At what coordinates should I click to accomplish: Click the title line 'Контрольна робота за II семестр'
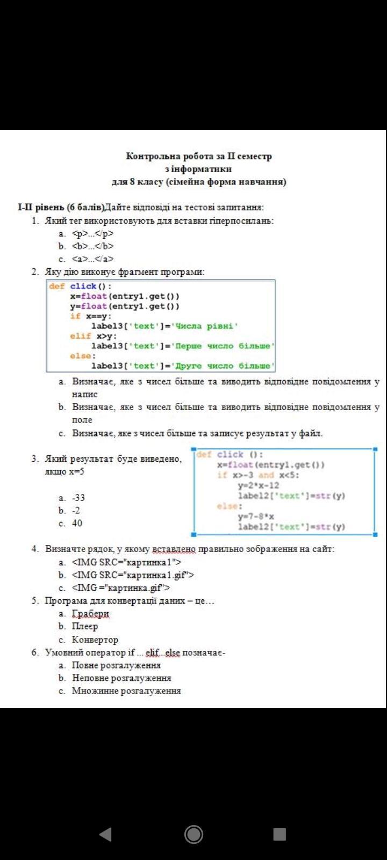coord(199,156)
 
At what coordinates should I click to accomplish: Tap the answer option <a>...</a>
coord(92,259)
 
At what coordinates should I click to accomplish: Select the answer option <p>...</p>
coord(92,233)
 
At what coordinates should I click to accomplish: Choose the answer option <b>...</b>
coord(92,246)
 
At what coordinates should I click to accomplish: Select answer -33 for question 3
coord(78,498)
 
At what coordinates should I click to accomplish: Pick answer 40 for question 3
coord(77,524)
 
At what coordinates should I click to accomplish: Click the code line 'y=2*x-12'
coord(259,485)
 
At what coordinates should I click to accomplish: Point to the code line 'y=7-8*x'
coord(256,517)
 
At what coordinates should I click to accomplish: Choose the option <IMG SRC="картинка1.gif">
coord(133,575)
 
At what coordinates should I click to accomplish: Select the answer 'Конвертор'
coord(95,640)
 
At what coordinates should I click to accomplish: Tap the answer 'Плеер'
coord(85,627)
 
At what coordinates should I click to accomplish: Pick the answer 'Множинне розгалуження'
coord(126,691)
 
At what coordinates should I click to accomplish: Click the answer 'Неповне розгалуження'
coord(121,678)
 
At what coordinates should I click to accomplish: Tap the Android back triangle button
coord(105,834)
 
